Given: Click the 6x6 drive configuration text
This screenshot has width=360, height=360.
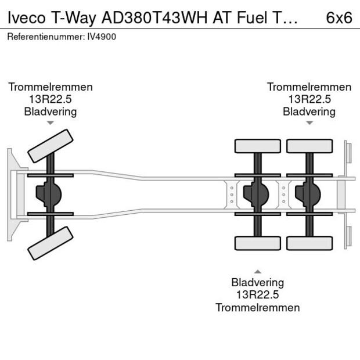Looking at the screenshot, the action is pyautogui.click(x=339, y=17).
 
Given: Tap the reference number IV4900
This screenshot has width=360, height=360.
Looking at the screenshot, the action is pyautogui.click(x=102, y=37).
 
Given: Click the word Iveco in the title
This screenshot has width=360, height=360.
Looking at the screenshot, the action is pyautogui.click(x=26, y=17).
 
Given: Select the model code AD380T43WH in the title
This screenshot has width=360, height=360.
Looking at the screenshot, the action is pyautogui.click(x=154, y=17).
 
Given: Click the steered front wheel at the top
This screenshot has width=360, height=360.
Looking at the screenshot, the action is pyautogui.click(x=51, y=146).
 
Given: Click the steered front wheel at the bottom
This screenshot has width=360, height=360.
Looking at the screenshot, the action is pyautogui.click(x=51, y=243).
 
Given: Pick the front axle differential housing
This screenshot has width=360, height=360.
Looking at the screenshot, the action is pyautogui.click(x=49, y=195).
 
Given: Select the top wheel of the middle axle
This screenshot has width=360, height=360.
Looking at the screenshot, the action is pyautogui.click(x=258, y=146).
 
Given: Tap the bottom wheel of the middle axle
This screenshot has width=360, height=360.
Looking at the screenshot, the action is pyautogui.click(x=258, y=243).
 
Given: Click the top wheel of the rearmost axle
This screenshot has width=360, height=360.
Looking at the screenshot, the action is pyautogui.click(x=309, y=146).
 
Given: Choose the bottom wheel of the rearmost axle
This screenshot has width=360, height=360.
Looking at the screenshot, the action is pyautogui.click(x=309, y=243).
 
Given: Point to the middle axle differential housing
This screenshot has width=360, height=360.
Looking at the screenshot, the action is pyautogui.click(x=256, y=195).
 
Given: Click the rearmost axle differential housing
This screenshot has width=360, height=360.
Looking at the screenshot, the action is pyautogui.click(x=308, y=195).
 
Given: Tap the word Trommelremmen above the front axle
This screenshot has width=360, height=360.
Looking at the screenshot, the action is pyautogui.click(x=51, y=87).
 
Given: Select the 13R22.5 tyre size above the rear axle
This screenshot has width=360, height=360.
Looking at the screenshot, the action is pyautogui.click(x=309, y=99).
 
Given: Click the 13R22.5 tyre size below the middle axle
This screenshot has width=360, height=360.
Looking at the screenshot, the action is pyautogui.click(x=258, y=294).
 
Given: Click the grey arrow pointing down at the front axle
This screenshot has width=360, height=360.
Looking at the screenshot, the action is pyautogui.click(x=51, y=123).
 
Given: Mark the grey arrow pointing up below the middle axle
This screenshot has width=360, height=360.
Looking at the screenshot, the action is pyautogui.click(x=258, y=272).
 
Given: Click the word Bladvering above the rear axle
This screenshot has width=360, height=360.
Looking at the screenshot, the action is pyautogui.click(x=309, y=112).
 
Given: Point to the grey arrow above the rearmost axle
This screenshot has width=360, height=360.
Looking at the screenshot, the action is pyautogui.click(x=309, y=123).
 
